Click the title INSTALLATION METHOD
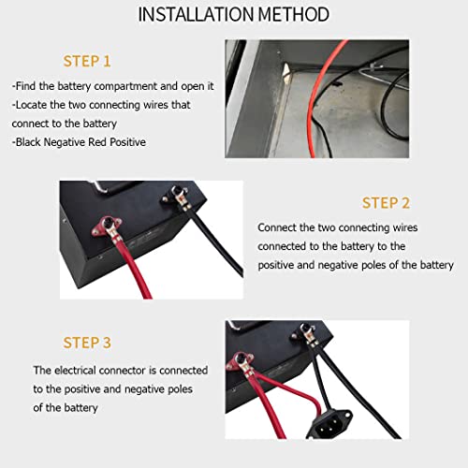[233, 15]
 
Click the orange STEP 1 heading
[87, 62]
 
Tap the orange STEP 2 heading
[386, 203]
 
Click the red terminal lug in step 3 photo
[242, 360]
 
